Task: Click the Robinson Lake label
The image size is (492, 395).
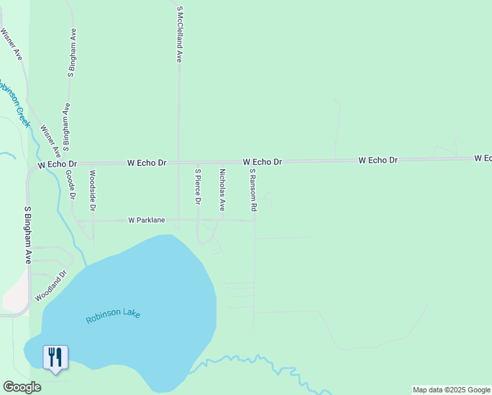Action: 113,315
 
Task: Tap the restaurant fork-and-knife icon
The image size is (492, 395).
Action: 55,357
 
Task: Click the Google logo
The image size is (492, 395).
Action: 22,387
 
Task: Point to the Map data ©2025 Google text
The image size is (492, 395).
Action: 451,390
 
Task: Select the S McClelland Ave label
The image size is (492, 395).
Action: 179,34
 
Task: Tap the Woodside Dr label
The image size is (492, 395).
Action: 93,190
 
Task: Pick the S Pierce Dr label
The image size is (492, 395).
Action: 197,187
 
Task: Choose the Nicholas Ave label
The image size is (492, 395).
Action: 222,189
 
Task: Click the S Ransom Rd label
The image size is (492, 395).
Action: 253,190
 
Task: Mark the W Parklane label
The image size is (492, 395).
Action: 146,220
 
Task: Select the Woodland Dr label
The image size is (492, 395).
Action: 51,286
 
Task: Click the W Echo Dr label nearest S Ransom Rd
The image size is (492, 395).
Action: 262,161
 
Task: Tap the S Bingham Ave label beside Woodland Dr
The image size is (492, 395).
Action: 28,235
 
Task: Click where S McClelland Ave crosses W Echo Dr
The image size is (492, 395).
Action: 179,162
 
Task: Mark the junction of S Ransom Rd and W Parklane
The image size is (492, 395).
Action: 255,221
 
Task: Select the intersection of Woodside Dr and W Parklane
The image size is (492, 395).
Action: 93,220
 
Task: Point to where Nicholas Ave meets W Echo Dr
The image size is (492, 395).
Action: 222,162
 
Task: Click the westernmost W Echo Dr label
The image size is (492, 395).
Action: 57,163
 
